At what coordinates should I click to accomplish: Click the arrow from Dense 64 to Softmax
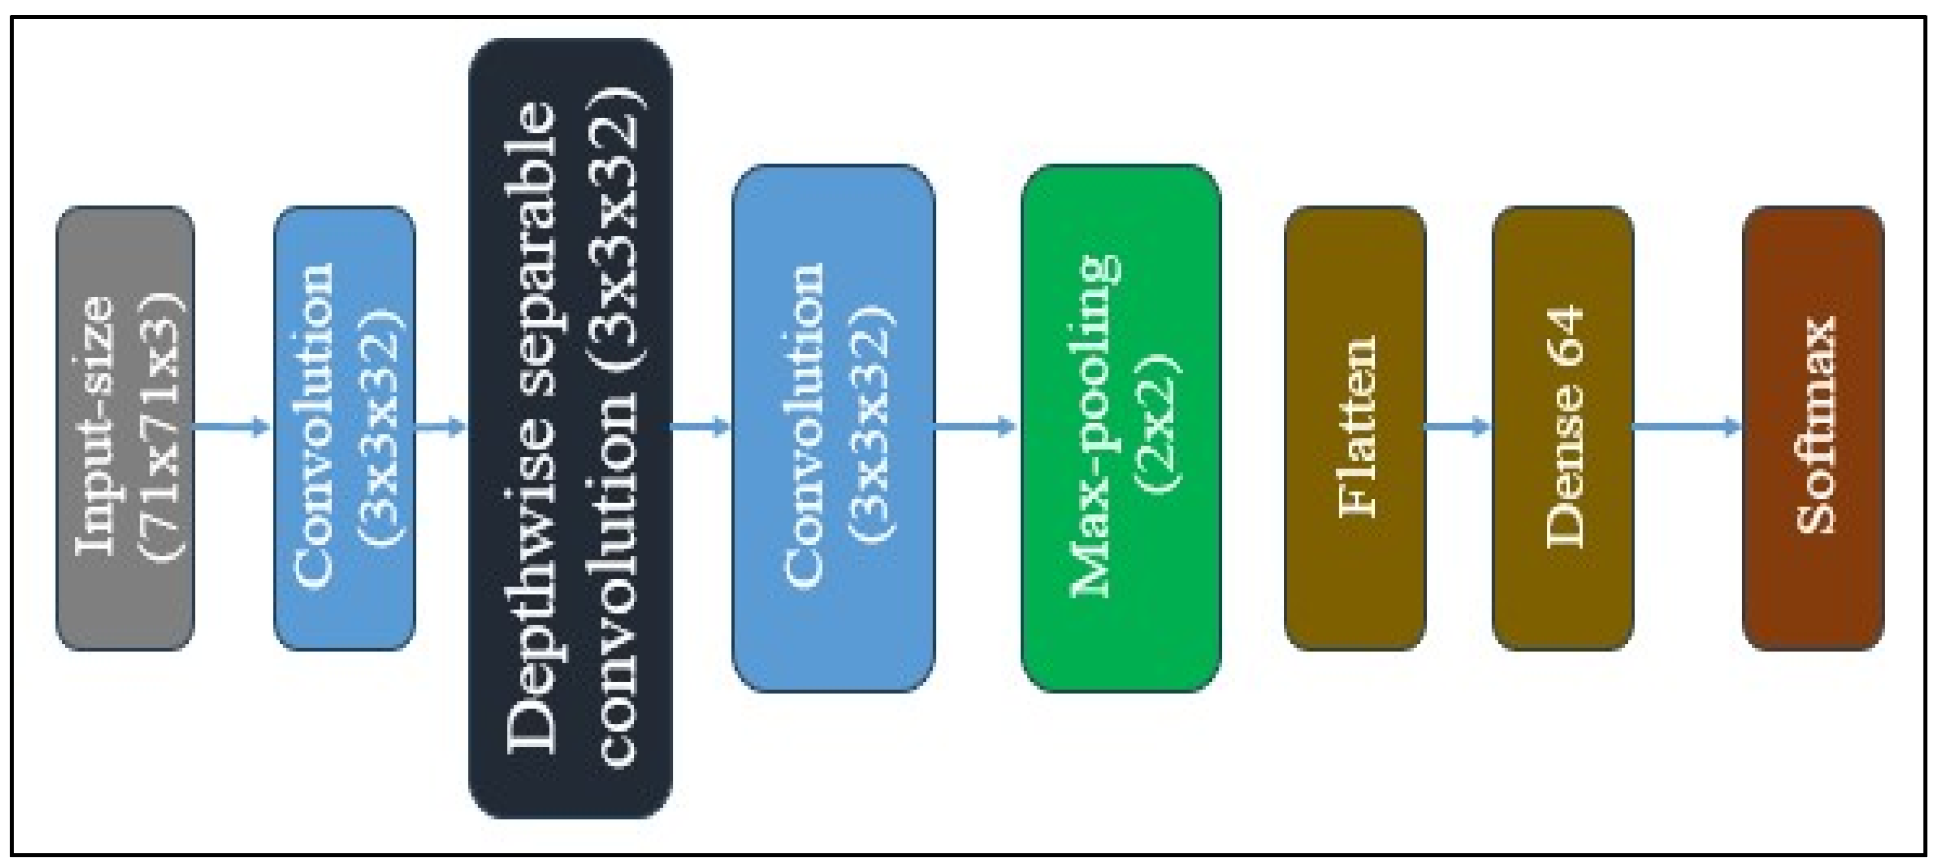coord(1687,427)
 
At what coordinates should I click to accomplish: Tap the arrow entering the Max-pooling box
coord(976,427)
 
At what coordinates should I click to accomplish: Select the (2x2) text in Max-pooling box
coord(1159,423)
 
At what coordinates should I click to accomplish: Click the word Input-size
coord(96,426)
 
